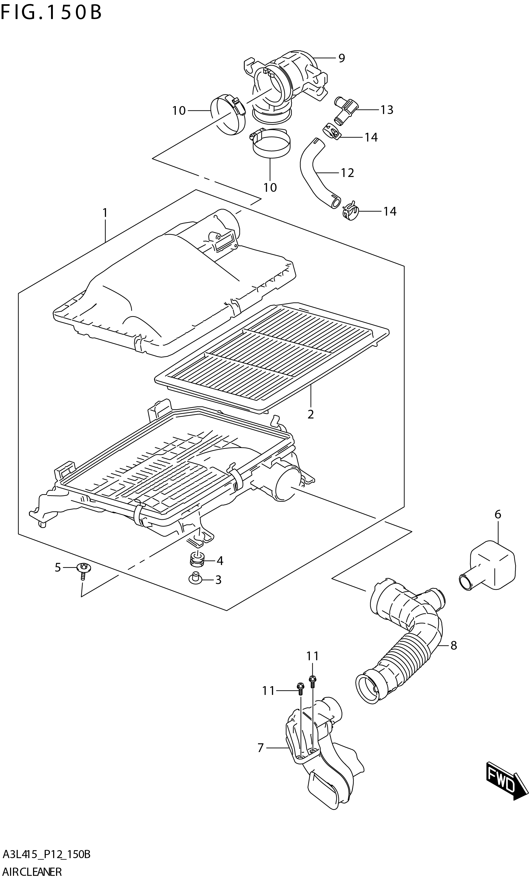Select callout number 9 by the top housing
coord(342,58)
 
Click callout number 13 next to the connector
coord(387,110)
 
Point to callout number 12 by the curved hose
coord(347,173)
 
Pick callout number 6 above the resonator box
coord(498,514)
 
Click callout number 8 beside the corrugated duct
coord(453,645)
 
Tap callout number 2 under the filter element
coord(310,414)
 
